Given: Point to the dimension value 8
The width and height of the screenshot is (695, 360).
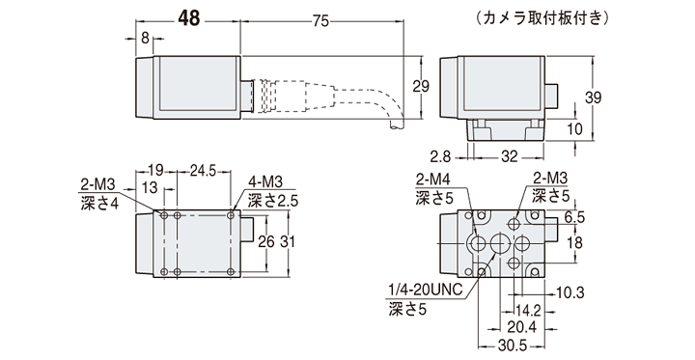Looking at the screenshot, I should (146, 39).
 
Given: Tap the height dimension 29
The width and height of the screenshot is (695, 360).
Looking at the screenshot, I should (420, 86).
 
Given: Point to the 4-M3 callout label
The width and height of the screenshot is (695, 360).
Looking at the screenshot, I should (265, 182).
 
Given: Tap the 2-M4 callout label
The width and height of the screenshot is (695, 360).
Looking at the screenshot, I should (431, 180).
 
